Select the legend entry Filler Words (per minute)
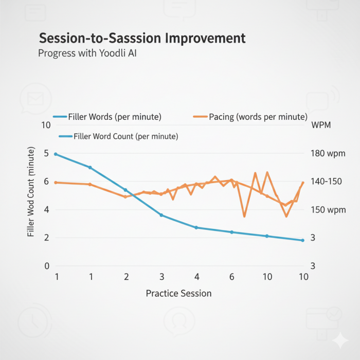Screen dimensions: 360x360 [x=115, y=117]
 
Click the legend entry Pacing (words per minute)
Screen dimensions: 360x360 [x=258, y=117]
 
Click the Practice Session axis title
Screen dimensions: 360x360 [x=178, y=293]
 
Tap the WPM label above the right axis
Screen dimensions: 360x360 [x=321, y=125]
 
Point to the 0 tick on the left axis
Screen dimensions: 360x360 [x=46, y=266]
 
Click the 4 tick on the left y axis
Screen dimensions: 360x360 [x=46, y=210]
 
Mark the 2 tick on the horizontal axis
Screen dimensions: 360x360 [x=126, y=277]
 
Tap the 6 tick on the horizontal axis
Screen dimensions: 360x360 [x=232, y=277]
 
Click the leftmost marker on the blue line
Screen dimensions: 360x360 [x=56, y=154]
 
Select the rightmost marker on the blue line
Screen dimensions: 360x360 [x=302, y=240]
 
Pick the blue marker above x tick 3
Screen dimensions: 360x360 [x=161, y=215]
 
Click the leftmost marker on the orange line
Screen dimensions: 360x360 [x=56, y=183]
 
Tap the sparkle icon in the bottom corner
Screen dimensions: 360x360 [x=339, y=341]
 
